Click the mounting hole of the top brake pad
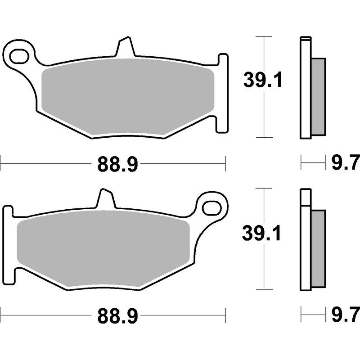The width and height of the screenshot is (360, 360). (19, 57)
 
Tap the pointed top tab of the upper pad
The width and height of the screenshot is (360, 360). (125, 48)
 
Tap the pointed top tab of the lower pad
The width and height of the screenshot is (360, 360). (104, 199)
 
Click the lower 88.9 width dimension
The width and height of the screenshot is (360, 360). (117, 318)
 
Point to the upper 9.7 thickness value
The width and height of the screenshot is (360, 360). (345, 161)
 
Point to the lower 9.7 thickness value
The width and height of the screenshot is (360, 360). (345, 312)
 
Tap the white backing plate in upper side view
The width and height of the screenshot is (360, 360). (305, 90)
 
